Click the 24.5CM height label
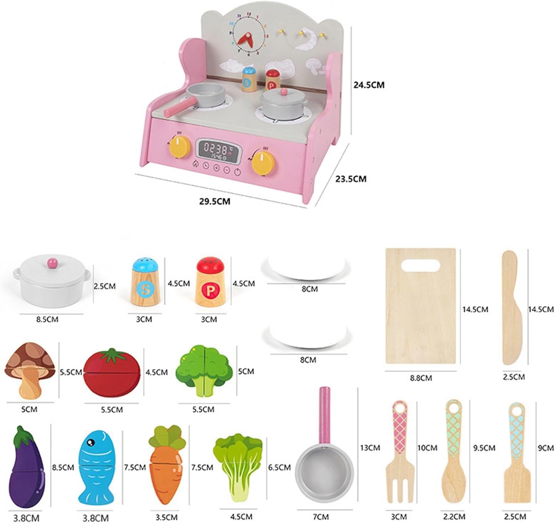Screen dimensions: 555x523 coord(369,85)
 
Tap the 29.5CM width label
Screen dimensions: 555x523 coord(215,201)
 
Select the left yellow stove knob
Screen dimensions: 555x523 coord(179,146)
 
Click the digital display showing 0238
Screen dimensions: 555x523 coord(218,150)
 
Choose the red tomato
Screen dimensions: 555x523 coord(112,373)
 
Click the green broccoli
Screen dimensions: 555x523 coord(204,370)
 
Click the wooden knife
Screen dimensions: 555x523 coord(512,308)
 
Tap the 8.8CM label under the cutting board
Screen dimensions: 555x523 coord(421,378)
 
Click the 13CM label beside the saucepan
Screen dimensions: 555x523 coord(370,448)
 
